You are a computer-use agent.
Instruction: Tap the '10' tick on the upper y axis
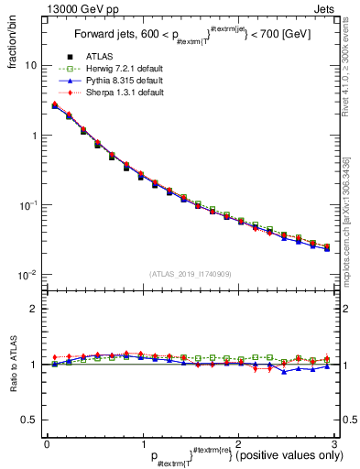pyautogui.click(x=30, y=66)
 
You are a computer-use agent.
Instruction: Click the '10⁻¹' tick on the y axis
pyautogui.click(x=27, y=204)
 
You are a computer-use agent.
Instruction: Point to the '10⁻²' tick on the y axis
pyautogui.click(x=27, y=274)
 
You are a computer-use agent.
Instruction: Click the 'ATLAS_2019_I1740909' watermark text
pyautogui.click(x=191, y=274)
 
